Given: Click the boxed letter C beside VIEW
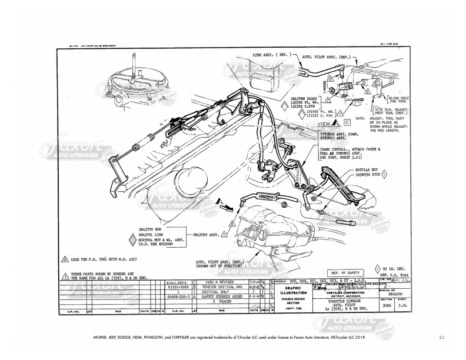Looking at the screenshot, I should point(347,124).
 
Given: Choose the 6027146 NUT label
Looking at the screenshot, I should point(363,170).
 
